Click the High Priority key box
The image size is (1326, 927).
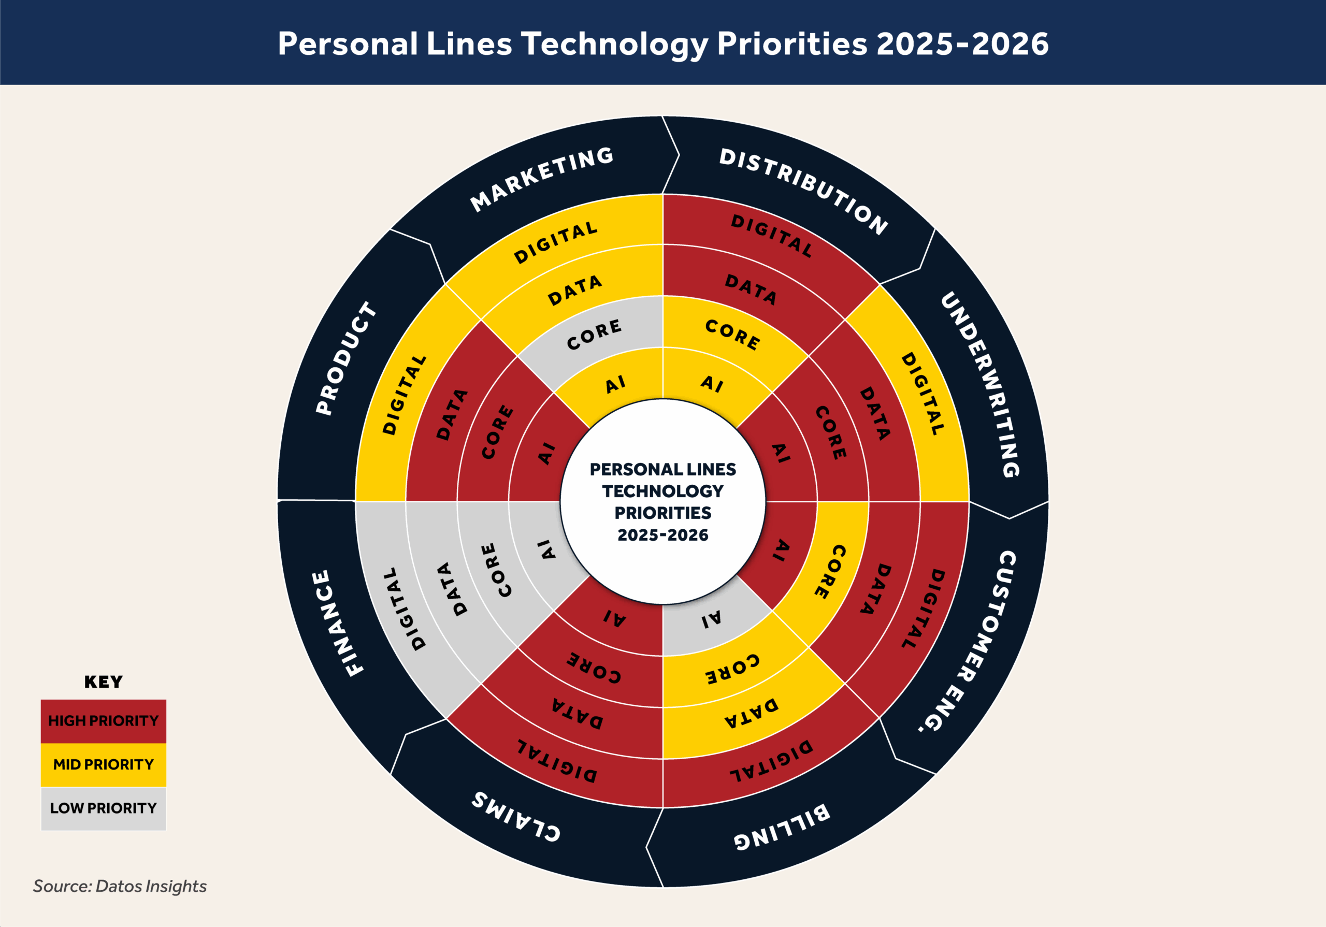[x=104, y=721]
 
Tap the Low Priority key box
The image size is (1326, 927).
[x=104, y=808]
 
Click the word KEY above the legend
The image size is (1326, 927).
[x=104, y=682]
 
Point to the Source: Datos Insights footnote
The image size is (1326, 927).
[x=120, y=886]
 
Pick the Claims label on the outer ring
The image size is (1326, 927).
[x=516, y=817]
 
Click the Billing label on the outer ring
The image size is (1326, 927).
[x=783, y=826]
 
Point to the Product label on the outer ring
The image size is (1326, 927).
[x=346, y=357]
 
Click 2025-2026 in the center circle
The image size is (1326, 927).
[x=662, y=535]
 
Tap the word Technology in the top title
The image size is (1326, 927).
[x=614, y=44]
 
